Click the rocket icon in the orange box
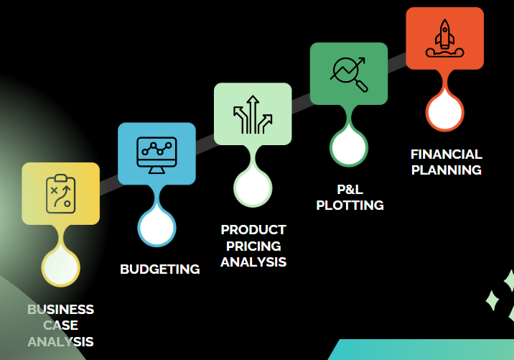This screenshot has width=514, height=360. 444,38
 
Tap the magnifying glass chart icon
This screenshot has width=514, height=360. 349,74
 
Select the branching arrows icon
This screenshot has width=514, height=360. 253,114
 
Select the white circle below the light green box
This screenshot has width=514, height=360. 253,188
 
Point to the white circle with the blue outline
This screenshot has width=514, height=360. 156,228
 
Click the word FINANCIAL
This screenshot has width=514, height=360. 446,154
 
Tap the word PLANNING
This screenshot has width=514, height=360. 446,170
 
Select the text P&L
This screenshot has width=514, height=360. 350,190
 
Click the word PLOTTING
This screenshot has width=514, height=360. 350,206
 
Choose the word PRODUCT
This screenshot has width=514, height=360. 253,230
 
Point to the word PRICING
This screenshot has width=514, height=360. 253,246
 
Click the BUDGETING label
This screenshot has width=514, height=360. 159,269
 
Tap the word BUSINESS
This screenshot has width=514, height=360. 61,310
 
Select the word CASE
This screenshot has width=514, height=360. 61,326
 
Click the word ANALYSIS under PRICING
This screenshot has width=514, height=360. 253,262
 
